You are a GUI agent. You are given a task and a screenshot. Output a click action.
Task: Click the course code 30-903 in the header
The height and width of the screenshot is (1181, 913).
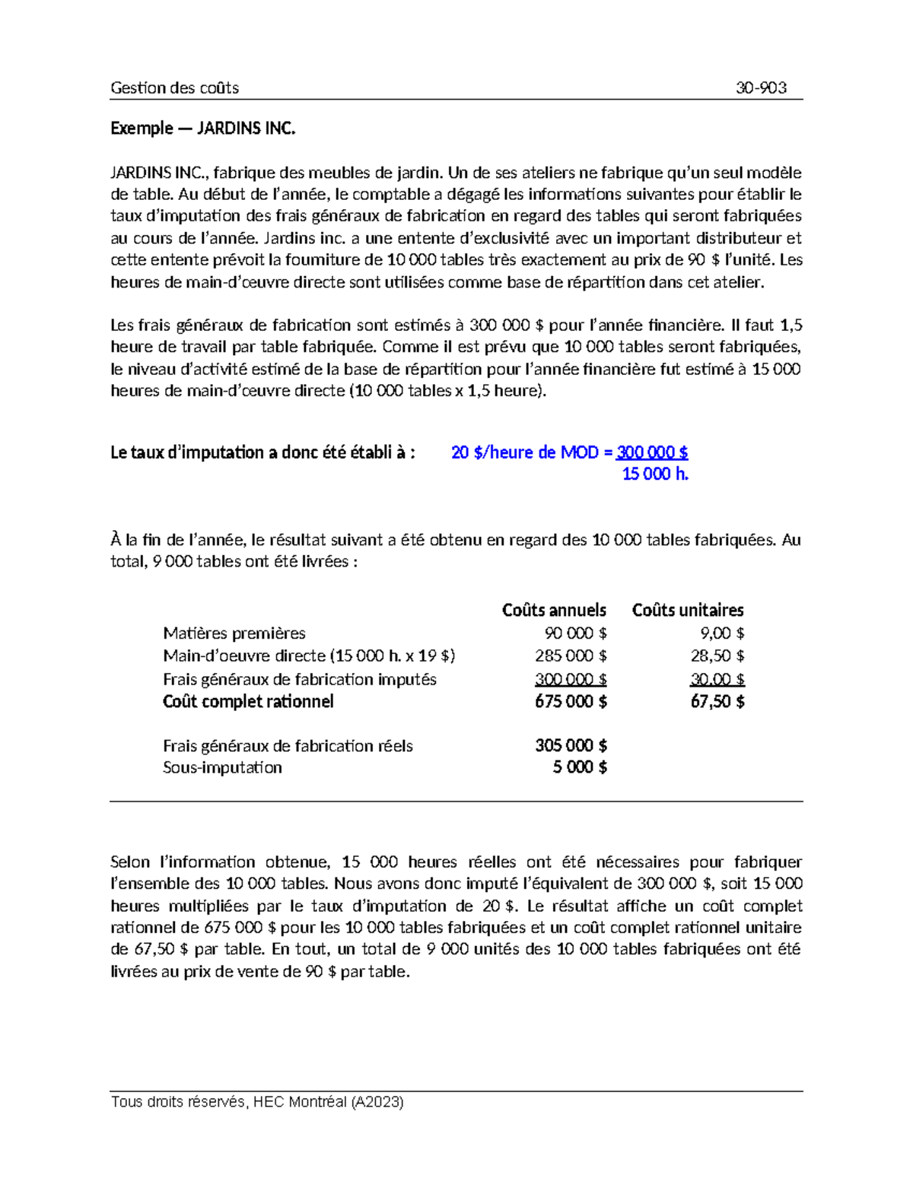coord(760,87)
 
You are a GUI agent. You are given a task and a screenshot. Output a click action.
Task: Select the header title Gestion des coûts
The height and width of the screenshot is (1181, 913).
coord(174,87)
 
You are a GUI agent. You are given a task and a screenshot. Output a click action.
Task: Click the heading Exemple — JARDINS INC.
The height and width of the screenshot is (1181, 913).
coord(202,128)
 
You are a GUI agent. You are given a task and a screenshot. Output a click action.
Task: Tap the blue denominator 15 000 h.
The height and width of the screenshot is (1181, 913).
coord(654,474)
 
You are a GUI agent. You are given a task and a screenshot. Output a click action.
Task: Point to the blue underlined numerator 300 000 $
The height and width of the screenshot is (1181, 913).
coord(652,452)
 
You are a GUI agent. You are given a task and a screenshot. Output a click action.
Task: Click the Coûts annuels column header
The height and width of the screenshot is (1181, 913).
coord(554,610)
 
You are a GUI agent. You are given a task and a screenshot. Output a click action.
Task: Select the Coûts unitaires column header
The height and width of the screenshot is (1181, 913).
coord(688,610)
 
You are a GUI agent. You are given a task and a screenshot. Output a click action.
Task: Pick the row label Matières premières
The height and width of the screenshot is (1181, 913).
coord(234,633)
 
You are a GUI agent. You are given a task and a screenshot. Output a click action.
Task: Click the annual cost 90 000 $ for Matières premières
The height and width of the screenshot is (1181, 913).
coord(575,633)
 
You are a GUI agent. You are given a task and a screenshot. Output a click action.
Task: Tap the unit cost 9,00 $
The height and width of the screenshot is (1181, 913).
coord(721,633)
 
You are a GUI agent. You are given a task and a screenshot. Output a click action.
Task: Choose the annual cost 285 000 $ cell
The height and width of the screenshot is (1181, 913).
coord(571,656)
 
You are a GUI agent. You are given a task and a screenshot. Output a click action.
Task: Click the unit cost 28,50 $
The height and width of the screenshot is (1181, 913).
coord(717,656)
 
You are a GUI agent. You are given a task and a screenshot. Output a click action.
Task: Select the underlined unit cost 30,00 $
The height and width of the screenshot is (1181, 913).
coord(717,678)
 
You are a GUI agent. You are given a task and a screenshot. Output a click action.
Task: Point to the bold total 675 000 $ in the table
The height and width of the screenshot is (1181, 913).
coord(571,701)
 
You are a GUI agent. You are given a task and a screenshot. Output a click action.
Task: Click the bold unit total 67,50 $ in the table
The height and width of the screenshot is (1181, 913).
coord(717,701)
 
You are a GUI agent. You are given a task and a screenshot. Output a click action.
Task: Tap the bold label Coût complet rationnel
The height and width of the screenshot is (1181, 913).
coord(248,701)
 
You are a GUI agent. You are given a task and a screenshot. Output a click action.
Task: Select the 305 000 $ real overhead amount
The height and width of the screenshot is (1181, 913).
coord(571,745)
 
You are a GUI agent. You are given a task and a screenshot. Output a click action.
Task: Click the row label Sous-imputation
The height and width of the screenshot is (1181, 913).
coord(222,767)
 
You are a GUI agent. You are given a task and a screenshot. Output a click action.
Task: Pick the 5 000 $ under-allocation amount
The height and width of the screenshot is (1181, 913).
coord(580,767)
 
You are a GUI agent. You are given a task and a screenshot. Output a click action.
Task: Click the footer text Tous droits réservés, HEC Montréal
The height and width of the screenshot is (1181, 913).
coord(256,1101)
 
